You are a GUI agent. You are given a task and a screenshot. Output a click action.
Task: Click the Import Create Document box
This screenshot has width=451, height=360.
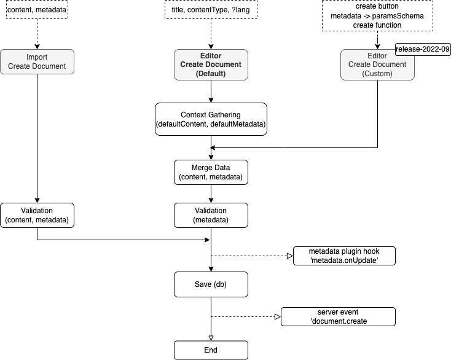click(x=37, y=62)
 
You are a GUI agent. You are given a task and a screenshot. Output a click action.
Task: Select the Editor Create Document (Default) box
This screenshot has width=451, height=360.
click(x=211, y=65)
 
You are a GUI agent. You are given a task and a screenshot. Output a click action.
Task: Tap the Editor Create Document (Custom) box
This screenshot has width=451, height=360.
click(x=377, y=65)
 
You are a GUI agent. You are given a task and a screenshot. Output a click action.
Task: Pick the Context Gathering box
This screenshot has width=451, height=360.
click(x=211, y=119)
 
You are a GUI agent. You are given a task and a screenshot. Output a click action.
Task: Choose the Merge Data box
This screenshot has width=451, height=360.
click(x=211, y=172)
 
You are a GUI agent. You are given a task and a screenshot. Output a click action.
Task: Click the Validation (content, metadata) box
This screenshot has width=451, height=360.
click(x=37, y=216)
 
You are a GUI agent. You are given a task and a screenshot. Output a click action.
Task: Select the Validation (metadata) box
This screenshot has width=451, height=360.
click(x=211, y=216)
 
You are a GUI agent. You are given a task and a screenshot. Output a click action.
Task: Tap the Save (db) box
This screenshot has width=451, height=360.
click(x=211, y=284)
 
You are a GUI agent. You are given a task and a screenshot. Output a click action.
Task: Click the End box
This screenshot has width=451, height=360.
click(x=211, y=350)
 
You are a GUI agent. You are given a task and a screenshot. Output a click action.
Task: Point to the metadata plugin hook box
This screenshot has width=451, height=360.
click(x=343, y=256)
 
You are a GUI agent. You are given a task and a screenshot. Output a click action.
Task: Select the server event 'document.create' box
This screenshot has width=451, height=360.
click(x=337, y=317)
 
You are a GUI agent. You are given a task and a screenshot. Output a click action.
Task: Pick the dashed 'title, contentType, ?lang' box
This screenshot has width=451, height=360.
click(x=211, y=9)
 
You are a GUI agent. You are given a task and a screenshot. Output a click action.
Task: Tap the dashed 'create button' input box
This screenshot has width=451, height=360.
click(x=377, y=15)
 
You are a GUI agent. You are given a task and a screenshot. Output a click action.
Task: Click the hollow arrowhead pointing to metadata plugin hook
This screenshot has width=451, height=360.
click(x=290, y=256)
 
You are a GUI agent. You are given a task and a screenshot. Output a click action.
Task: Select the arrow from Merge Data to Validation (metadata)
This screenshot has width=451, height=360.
click(x=211, y=194)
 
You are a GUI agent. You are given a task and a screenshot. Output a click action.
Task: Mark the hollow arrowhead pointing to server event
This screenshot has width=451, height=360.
click(x=277, y=317)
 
